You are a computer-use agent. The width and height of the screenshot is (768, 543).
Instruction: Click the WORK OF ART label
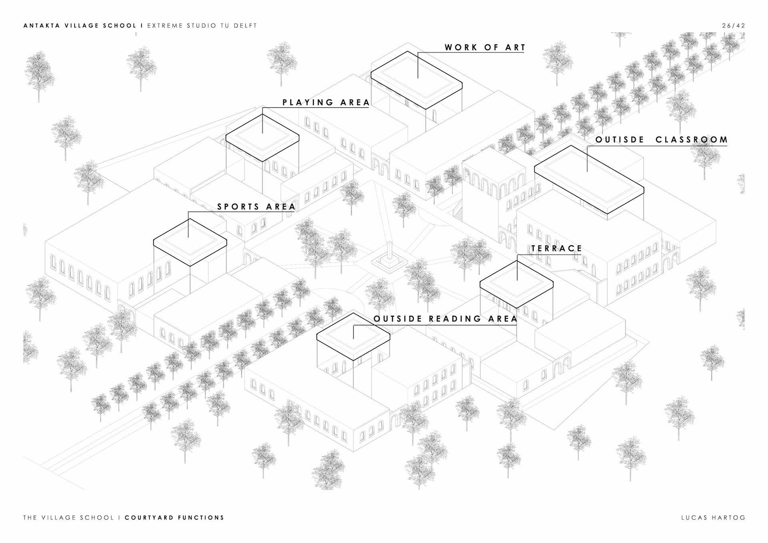coord(485,48)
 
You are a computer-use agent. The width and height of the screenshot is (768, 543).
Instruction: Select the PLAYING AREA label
coord(326,102)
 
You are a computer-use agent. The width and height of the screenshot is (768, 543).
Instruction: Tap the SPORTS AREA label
coord(256,207)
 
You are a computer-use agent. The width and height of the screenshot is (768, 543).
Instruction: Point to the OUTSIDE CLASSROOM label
coord(662,140)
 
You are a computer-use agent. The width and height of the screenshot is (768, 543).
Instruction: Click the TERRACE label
coord(556,248)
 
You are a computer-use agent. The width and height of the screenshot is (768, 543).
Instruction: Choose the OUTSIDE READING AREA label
coord(446,319)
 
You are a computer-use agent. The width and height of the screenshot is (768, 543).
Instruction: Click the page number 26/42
coord(734,26)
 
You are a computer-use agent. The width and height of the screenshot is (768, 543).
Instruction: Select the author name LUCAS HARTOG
coord(714,517)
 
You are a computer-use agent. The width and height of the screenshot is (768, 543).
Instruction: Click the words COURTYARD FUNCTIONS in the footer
coord(174,517)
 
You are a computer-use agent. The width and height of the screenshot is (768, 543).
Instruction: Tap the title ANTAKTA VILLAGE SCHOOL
coord(80,26)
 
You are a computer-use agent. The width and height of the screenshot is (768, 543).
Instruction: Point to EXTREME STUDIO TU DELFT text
coord(202,26)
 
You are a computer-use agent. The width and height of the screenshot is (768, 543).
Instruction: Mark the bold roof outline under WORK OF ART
coord(416,80)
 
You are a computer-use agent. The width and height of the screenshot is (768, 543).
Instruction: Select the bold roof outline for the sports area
coord(190,242)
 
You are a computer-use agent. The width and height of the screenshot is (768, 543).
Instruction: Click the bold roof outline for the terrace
coord(516,284)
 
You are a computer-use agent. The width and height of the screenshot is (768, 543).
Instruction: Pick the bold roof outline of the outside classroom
coord(589,179)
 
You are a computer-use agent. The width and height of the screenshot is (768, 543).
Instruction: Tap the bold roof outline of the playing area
coord(262,138)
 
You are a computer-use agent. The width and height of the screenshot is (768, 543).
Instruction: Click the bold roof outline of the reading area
coord(353,336)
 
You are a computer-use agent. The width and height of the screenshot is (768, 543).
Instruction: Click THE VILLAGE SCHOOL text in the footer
coord(68,517)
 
